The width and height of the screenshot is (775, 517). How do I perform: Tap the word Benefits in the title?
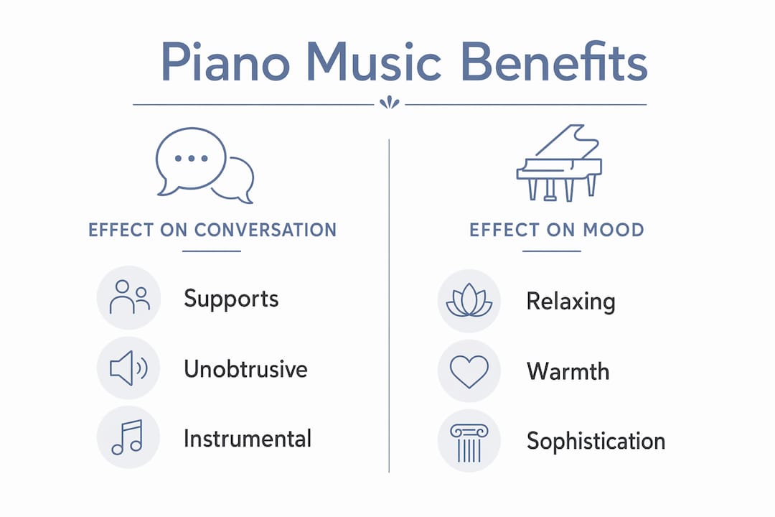coord(553,61)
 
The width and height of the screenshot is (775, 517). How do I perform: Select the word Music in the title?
coord(374,62)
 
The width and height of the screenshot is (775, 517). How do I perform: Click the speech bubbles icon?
coord(205,166)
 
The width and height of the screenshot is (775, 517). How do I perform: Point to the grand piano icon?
coord(559,163)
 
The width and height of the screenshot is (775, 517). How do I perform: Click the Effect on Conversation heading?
coord(212,230)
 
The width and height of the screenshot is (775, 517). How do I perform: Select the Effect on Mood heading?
coord(557,230)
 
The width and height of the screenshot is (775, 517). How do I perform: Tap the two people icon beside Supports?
coord(129,297)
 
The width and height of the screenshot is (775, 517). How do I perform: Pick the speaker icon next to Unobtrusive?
coord(128,368)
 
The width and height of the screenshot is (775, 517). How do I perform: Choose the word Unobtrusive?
coord(245,369)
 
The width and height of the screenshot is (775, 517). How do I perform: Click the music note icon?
coord(128,437)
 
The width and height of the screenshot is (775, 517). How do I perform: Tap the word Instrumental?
coord(247,439)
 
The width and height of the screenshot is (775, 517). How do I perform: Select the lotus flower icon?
coord(469,300)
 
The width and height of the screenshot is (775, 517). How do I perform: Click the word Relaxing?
coord(571,302)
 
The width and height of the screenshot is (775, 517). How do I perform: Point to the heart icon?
coord(469,371)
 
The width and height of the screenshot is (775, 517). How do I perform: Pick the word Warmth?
coord(568,371)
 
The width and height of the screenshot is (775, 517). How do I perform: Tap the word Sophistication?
coord(596,442)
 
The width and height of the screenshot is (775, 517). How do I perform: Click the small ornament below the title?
coord(390,103)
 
